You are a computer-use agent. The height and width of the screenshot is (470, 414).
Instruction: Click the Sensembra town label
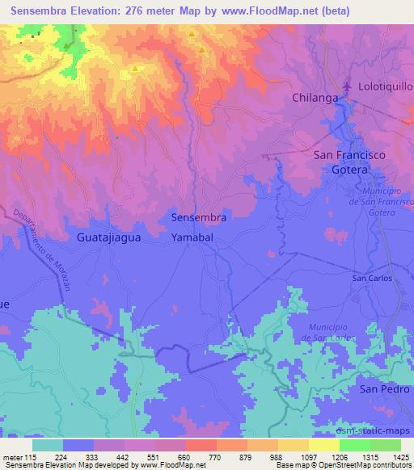[198, 217]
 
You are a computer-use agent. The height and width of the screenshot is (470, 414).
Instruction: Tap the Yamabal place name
[192, 238]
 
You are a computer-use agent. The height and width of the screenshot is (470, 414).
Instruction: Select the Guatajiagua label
[108, 238]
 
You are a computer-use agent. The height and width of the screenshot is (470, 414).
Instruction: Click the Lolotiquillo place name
[384, 86]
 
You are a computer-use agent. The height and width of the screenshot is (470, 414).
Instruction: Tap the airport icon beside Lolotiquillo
[349, 85]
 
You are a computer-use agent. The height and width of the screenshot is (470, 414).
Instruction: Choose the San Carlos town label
[371, 278]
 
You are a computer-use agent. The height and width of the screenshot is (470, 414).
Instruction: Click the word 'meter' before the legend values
[12, 456]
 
